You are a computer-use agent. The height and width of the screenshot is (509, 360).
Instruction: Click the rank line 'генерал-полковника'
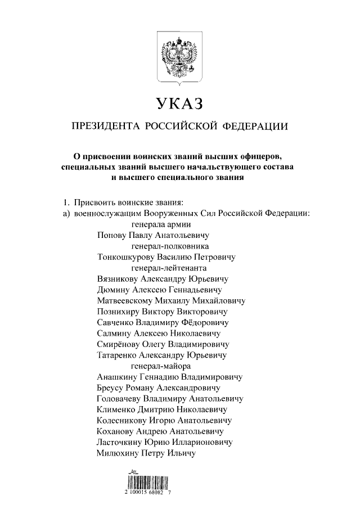[x=170, y=246]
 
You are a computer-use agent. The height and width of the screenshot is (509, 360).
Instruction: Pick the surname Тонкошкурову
[x=125, y=257]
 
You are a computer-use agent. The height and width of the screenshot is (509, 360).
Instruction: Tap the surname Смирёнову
[x=118, y=344]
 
